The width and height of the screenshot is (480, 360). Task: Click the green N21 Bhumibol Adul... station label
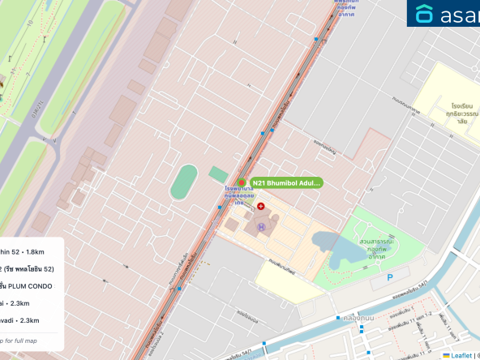pyautogui.click(x=285, y=183)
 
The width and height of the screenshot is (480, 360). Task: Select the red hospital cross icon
pyautogui.click(x=249, y=207)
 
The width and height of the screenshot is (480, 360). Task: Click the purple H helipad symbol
pyautogui.click(x=261, y=226)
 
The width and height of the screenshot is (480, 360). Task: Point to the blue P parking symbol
pyautogui.click(x=390, y=277)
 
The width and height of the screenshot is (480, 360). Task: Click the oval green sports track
pyautogui.click(x=185, y=182)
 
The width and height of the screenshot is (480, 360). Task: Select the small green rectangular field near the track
pyautogui.click(x=218, y=174)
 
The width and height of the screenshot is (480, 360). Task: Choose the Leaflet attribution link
pyautogui.click(x=461, y=355)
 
